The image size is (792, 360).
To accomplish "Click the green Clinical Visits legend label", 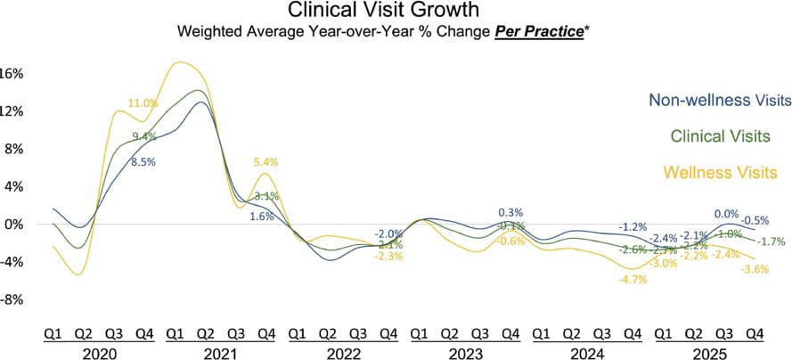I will (719, 136).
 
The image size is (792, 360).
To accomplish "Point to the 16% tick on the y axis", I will (11, 73).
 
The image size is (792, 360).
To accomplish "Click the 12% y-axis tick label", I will (11, 111).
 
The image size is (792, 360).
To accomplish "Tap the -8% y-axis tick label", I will (11, 300).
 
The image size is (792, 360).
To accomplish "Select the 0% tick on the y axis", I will (13, 225).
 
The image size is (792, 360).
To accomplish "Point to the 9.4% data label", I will (144, 136).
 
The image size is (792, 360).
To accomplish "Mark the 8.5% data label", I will (143, 162).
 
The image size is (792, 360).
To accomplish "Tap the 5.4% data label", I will (266, 162).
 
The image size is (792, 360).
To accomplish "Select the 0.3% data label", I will (510, 212).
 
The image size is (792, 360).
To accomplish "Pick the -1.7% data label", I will (772, 241).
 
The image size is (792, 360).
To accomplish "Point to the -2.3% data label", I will (388, 257).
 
